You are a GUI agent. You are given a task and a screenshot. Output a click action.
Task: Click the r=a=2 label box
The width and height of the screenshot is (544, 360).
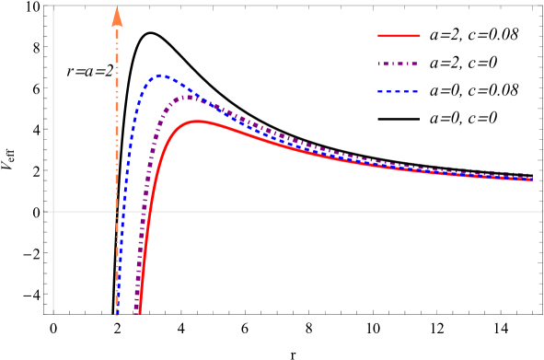tap(90, 70)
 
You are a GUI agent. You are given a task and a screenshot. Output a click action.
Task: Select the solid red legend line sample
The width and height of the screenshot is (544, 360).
tap(399, 36)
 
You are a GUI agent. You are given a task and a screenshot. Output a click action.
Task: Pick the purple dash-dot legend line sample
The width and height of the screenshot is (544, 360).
tap(399, 64)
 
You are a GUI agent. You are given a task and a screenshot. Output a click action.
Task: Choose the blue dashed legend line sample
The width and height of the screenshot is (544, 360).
tap(399, 92)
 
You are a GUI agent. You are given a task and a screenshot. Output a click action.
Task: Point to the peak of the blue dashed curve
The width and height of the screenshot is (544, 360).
tap(162, 75)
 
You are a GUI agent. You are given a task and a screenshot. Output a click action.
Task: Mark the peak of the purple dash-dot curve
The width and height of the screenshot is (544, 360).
tap(189, 96)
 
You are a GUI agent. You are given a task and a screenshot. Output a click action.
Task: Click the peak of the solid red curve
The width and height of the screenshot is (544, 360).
tap(197, 121)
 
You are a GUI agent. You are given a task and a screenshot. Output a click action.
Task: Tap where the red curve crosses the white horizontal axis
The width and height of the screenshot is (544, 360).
tap(150, 211)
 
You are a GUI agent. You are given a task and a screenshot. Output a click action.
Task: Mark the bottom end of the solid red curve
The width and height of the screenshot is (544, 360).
tap(139, 314)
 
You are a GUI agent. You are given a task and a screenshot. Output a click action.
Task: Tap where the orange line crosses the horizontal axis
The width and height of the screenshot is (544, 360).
tap(117, 211)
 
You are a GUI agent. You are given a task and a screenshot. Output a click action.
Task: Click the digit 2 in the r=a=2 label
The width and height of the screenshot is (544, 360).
tap(109, 70)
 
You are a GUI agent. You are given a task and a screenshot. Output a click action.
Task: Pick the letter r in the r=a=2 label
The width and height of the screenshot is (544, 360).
tap(70, 71)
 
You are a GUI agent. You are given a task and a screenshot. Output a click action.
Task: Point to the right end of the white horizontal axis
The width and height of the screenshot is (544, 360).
tap(541, 211)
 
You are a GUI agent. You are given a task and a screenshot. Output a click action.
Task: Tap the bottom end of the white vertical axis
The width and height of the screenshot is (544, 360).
tap(53, 313)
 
